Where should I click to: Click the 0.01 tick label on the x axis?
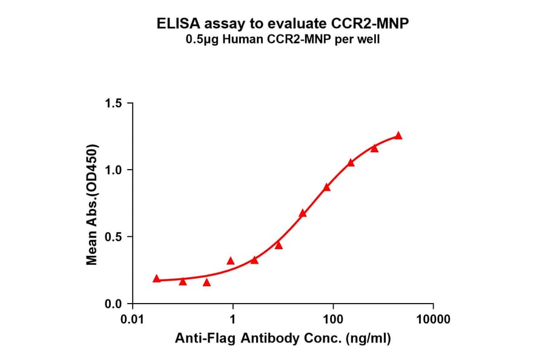tap(133, 319)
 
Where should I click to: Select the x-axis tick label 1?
tap(233, 319)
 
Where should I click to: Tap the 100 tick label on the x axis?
tap(332, 319)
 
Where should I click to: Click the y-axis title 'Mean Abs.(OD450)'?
tap(92, 204)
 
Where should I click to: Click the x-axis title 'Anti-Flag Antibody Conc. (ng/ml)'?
tap(283, 339)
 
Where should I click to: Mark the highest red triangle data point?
tap(398, 136)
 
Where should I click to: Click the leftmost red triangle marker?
tap(157, 279)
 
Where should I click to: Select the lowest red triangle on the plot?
tap(206, 282)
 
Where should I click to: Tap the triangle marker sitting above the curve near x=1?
tap(230, 261)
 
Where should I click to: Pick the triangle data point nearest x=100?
tap(327, 187)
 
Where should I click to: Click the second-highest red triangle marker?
tap(374, 148)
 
